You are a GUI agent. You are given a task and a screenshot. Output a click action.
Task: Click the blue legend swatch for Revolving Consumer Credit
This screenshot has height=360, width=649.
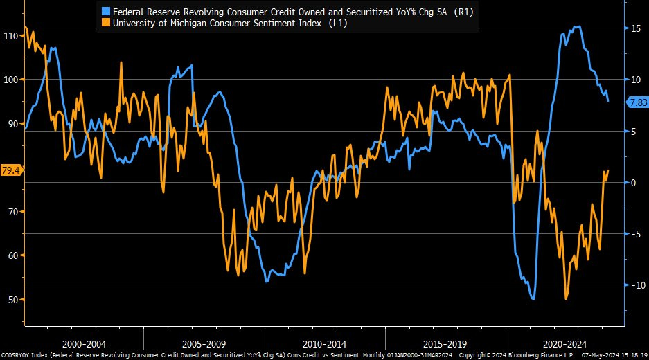[x=105, y=12]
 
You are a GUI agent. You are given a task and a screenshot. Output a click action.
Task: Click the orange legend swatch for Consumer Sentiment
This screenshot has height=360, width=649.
[x=105, y=22]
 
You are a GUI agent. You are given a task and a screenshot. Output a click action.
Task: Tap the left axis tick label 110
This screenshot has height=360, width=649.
[x=12, y=35]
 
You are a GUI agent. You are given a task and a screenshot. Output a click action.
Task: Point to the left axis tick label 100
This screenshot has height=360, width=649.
[x=12, y=80]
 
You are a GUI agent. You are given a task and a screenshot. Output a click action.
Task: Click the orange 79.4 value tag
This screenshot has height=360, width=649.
[x=11, y=170]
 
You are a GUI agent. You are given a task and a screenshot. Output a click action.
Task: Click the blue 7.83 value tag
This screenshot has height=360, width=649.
[x=637, y=102]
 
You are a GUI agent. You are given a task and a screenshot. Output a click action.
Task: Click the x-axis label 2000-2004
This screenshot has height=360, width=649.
[x=85, y=343]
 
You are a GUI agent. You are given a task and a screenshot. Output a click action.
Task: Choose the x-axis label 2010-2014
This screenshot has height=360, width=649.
[x=326, y=343]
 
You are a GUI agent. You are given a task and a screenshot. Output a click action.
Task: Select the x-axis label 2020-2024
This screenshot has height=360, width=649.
[x=564, y=343]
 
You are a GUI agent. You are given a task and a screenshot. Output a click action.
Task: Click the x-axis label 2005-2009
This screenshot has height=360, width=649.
[x=205, y=343]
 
